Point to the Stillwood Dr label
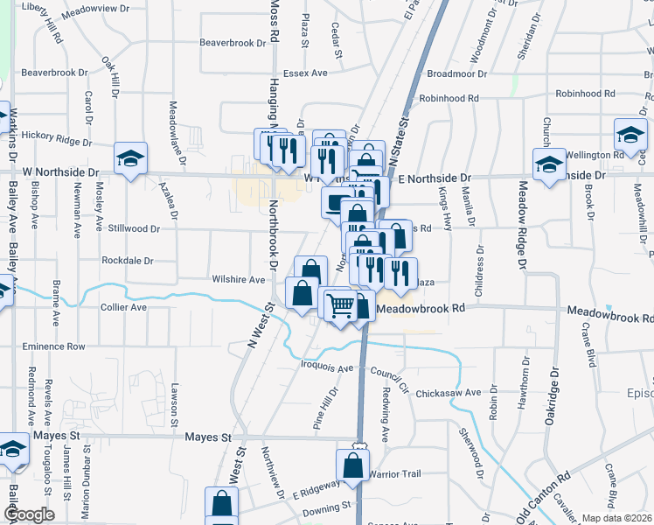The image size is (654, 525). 134,228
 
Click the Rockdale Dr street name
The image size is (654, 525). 128,260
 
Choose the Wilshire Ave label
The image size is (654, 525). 238,280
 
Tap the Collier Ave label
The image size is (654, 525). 124,307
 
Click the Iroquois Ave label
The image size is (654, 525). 325,367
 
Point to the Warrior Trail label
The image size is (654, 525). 394,474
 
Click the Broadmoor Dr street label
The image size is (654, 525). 456,74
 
